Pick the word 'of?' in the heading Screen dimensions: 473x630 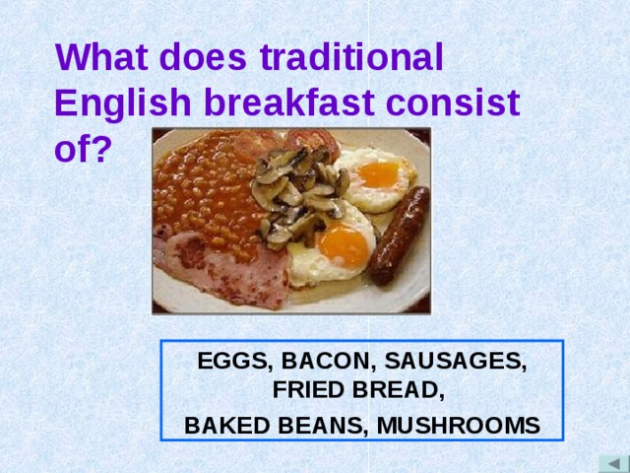point(84,148)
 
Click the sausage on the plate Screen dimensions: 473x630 point(399,236)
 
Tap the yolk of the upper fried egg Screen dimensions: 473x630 point(377,174)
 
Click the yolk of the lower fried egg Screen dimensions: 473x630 point(344,242)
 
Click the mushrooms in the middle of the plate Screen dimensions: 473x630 point(295,192)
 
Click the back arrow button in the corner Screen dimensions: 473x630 point(613,463)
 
